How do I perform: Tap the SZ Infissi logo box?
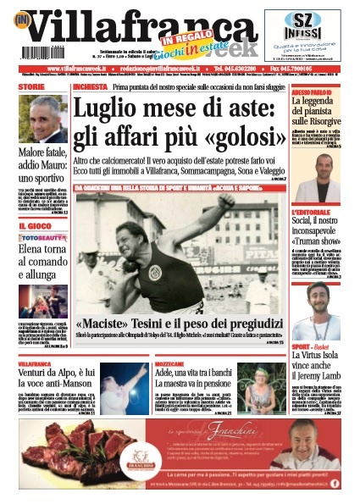[307, 35]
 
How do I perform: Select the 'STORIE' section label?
[32, 87]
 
